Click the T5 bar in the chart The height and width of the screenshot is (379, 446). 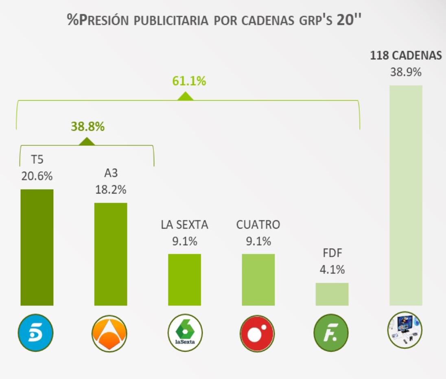37,247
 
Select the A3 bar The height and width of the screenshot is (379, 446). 111,254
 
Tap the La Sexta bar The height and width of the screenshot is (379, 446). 184,280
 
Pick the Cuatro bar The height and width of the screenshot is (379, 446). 258,280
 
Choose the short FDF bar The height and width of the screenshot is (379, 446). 332,294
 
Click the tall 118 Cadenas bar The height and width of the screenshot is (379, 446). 406,195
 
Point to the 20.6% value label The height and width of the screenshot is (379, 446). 37,176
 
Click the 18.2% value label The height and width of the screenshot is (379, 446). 111,189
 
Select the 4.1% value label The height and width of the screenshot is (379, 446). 332,269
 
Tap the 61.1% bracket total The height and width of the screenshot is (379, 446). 189,81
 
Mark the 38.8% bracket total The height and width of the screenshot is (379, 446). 87,127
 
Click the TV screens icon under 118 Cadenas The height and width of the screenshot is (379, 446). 404,329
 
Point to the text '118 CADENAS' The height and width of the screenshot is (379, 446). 406,56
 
